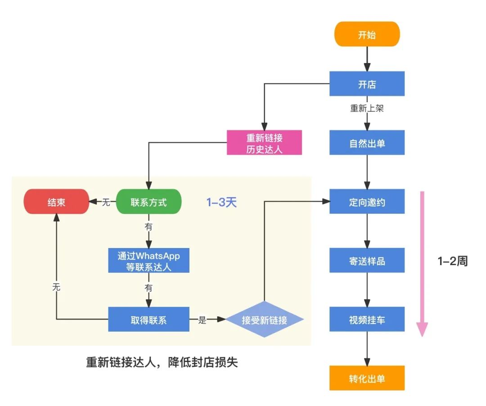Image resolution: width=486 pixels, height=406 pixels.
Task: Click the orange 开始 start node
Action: click(367, 34)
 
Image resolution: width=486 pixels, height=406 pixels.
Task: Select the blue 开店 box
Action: click(367, 84)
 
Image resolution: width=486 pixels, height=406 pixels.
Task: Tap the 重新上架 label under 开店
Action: click(367, 108)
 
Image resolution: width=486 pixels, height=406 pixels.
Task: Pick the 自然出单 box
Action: click(367, 143)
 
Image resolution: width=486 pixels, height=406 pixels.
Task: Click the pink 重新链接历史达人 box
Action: click(264, 143)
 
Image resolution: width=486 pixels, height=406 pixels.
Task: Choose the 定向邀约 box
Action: click(367, 202)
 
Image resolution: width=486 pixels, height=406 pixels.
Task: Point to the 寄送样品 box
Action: click(367, 261)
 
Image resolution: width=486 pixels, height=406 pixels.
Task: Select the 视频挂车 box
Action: click(367, 320)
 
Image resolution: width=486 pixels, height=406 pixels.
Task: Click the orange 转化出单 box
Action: click(367, 378)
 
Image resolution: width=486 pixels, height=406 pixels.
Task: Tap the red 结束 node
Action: click(56, 202)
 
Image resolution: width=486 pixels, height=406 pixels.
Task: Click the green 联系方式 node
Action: click(148, 202)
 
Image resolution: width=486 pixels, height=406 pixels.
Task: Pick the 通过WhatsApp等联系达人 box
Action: click(148, 261)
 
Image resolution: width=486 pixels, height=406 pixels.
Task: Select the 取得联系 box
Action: click(148, 320)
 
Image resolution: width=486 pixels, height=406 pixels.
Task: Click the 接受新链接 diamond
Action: click(264, 320)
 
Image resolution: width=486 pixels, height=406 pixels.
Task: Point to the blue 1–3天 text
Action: click(221, 202)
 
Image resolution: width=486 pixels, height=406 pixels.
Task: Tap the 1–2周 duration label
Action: click(452, 261)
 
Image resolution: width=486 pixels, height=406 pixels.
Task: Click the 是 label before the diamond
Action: click(202, 320)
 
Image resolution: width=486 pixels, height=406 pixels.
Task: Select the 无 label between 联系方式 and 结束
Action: click(106, 202)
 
